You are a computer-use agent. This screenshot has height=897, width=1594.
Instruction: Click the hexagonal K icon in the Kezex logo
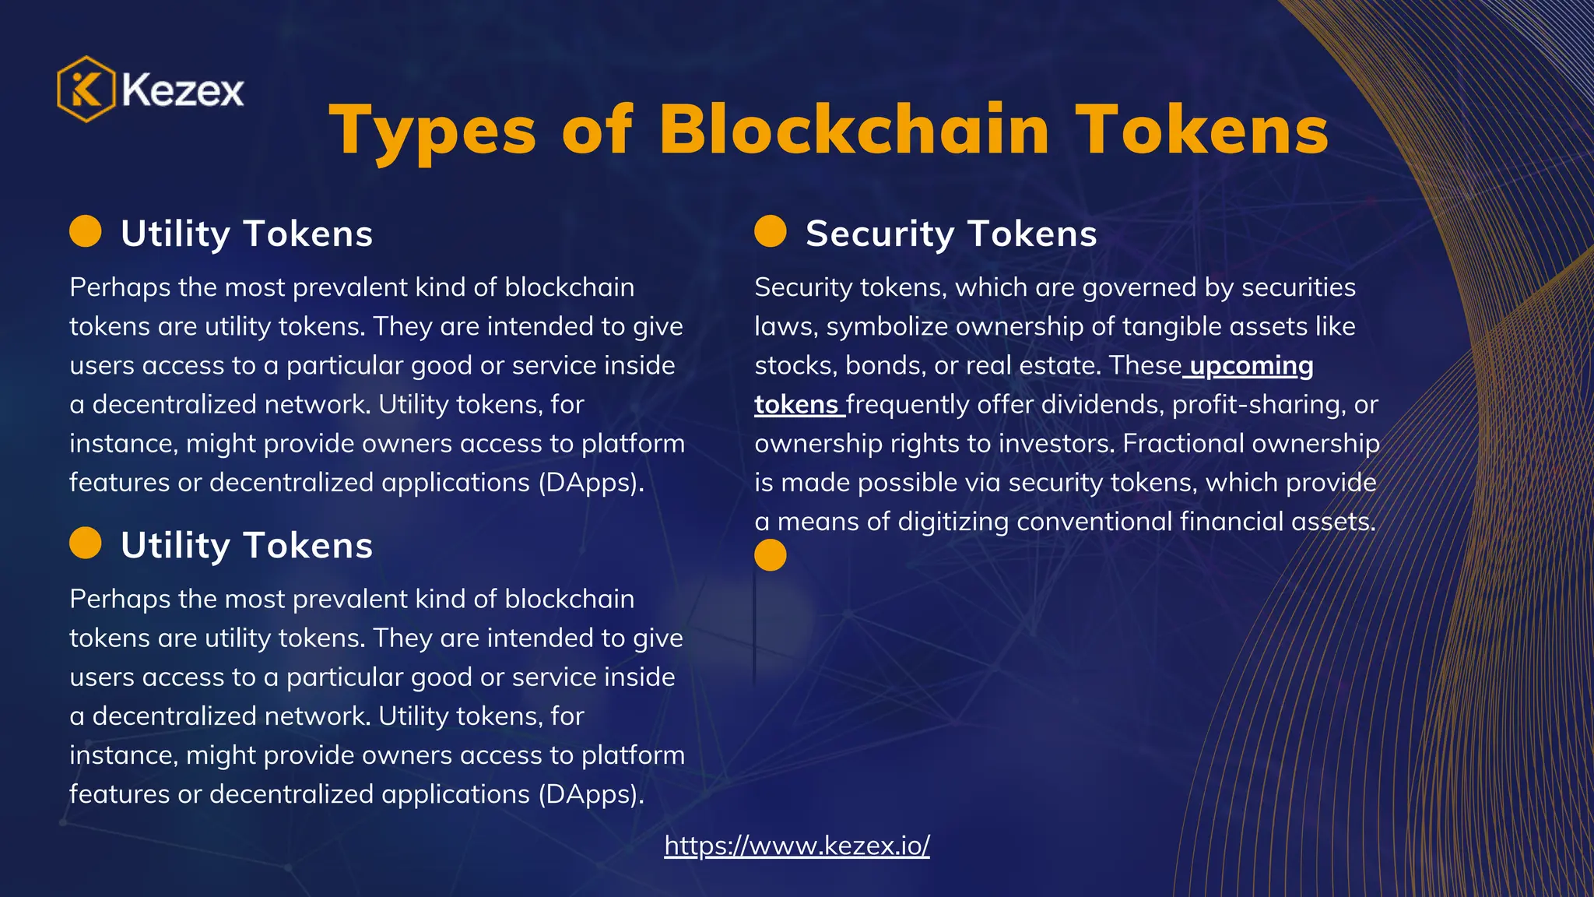[86, 90]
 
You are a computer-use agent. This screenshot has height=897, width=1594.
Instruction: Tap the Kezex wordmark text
[183, 90]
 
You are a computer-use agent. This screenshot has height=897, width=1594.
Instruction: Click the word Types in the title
[433, 131]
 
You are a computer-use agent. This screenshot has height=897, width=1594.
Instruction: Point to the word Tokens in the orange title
[1203, 131]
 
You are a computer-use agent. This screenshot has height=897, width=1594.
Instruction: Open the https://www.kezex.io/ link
[797, 845]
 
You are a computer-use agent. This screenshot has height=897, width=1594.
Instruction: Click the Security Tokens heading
[951, 234]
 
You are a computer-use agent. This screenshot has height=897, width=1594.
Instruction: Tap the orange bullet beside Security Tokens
[771, 231]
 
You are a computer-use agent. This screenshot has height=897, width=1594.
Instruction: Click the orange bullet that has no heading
[771, 555]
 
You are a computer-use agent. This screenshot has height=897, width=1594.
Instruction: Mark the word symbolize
[887, 327]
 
